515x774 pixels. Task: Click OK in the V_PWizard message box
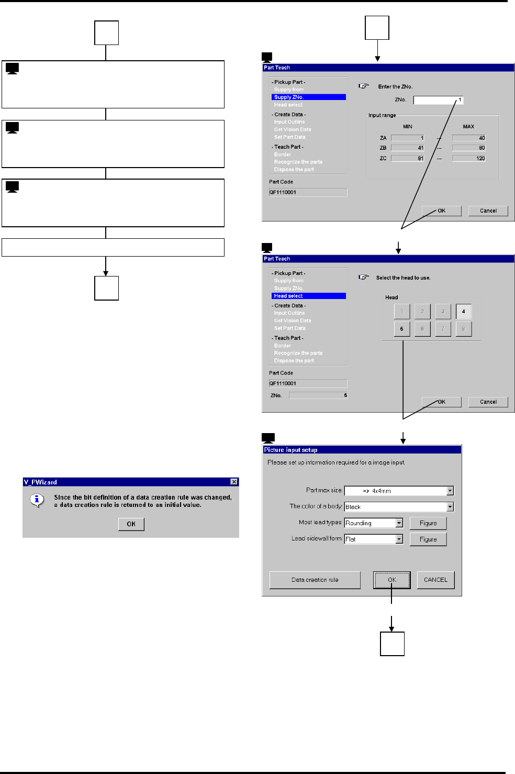(x=131, y=524)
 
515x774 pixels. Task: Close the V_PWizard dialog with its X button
(x=234, y=482)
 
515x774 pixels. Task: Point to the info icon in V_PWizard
(x=37, y=500)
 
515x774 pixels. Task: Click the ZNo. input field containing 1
(x=438, y=100)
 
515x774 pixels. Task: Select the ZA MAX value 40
(x=468, y=138)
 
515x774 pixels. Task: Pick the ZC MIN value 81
(x=407, y=158)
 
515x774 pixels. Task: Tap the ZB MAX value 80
(x=468, y=148)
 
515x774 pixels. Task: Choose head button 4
(x=463, y=312)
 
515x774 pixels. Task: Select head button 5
(x=401, y=329)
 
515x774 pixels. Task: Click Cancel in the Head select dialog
(x=488, y=402)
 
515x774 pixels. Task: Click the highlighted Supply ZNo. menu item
(x=308, y=97)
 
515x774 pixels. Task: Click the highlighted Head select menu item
(x=308, y=296)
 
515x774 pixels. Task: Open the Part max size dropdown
(x=450, y=491)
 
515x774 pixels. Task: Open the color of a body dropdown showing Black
(x=450, y=507)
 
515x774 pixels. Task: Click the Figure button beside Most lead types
(x=428, y=523)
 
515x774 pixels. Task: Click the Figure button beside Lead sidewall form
(x=428, y=539)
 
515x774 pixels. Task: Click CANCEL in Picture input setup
(x=435, y=580)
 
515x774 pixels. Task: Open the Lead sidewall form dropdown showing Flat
(x=399, y=539)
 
